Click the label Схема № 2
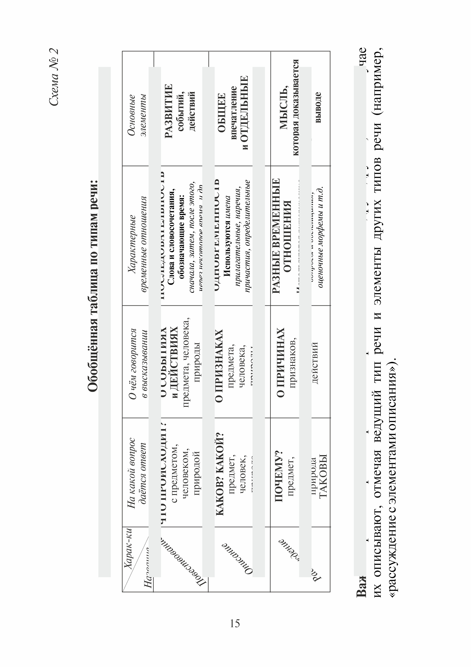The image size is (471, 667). [x=54, y=77]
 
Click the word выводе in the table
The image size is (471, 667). [x=318, y=107]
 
